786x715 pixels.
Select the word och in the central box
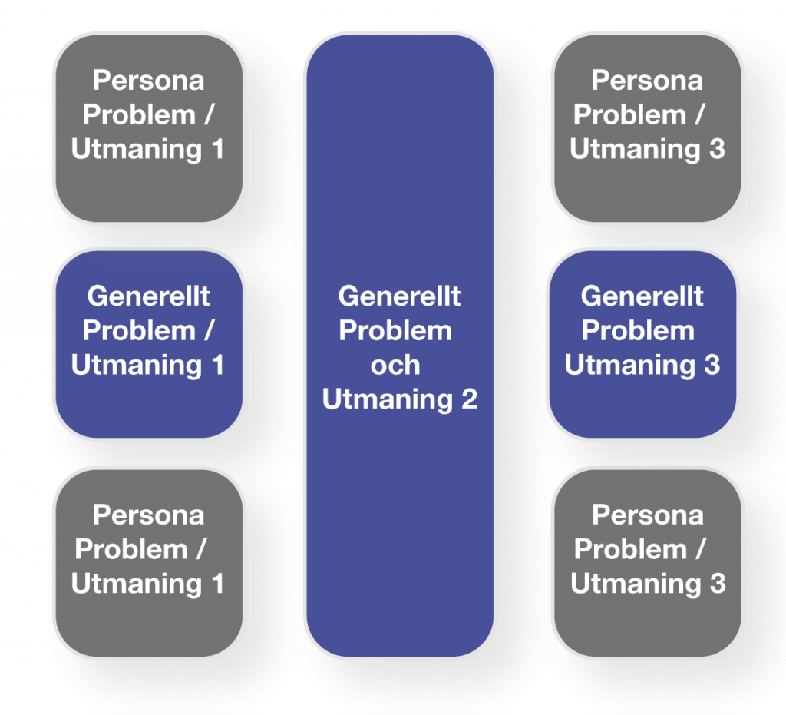[395, 365]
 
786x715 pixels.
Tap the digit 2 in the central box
[468, 399]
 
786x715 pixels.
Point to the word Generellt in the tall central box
[399, 296]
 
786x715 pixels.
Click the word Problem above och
[395, 330]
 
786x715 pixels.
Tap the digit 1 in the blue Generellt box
[216, 365]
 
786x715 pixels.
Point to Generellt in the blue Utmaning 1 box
[148, 296]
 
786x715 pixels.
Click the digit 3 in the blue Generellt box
[712, 365]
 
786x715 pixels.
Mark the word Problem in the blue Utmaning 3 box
[638, 330]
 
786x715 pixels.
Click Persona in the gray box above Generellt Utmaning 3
[648, 80]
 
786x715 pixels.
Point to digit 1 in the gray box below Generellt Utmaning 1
[216, 584]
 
